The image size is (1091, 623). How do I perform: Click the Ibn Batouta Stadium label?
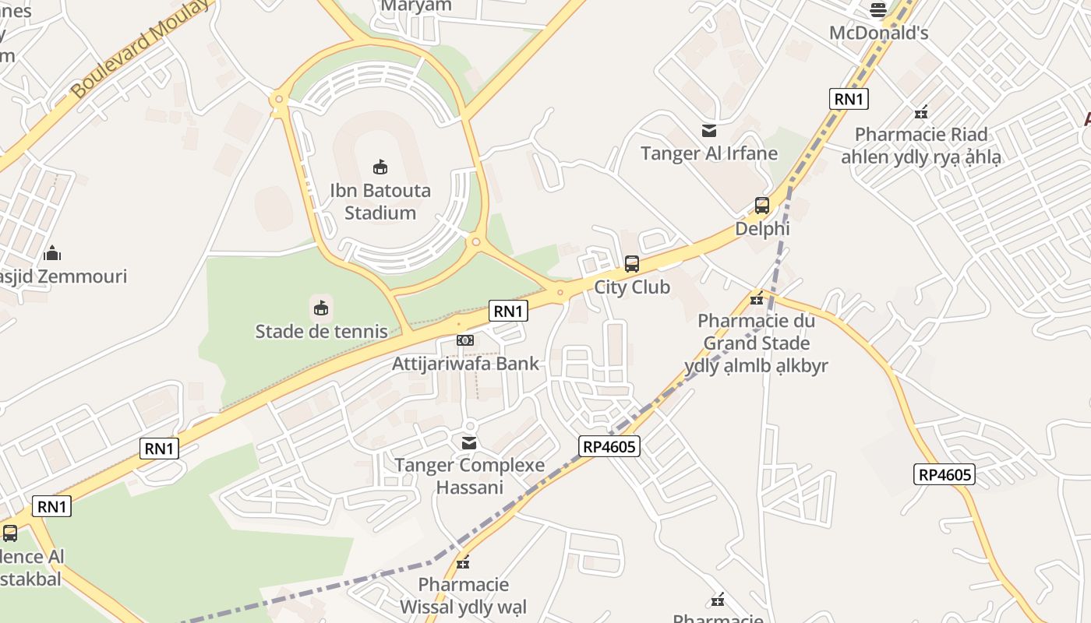(x=380, y=202)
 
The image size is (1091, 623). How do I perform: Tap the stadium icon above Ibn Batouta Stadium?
(x=380, y=167)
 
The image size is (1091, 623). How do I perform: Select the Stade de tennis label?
(x=321, y=331)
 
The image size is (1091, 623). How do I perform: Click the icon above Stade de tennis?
(x=321, y=308)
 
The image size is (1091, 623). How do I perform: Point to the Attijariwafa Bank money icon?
(x=465, y=340)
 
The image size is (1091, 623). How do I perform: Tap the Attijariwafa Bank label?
(x=465, y=364)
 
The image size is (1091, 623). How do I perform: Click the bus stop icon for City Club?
(x=632, y=264)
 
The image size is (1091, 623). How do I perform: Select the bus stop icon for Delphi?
(x=762, y=206)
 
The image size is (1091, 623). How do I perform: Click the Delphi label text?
(x=762, y=229)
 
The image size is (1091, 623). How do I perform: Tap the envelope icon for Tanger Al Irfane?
(x=709, y=130)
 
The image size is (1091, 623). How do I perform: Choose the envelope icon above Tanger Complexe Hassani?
(x=469, y=442)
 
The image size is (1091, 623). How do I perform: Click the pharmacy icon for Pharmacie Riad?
(x=921, y=112)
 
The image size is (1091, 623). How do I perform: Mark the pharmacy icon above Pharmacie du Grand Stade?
(x=756, y=297)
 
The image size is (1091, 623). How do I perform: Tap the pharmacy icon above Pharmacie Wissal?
(x=463, y=561)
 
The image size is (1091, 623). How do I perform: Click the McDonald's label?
(x=878, y=33)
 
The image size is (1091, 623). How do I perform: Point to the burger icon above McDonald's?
(x=878, y=10)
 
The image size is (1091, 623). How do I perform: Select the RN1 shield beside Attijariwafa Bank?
(x=508, y=311)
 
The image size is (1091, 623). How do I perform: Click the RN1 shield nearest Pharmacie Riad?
(x=849, y=99)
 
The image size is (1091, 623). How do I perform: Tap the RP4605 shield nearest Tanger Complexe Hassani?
(x=609, y=446)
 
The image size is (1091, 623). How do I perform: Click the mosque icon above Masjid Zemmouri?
(x=52, y=253)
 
